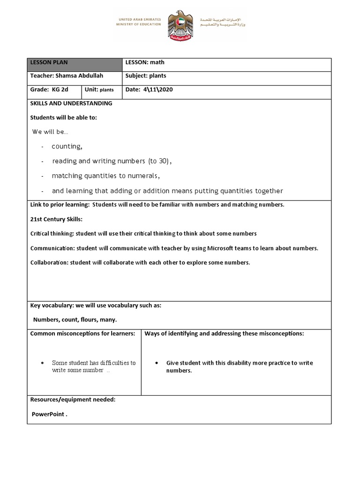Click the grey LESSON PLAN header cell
(x=75, y=65)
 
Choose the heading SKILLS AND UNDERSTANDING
(x=71, y=103)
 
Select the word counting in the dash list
(x=67, y=146)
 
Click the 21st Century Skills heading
(x=56, y=219)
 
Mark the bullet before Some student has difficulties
(x=43, y=363)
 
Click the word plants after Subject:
(x=157, y=76)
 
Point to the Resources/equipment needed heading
(x=73, y=400)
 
